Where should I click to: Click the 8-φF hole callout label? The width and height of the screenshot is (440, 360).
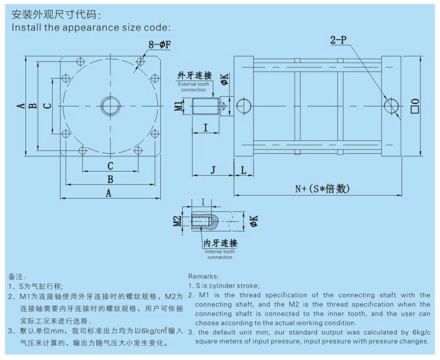(x=160, y=44)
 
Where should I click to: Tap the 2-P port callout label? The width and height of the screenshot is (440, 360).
(x=339, y=42)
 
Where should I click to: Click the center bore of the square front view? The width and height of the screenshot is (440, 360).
(x=110, y=106)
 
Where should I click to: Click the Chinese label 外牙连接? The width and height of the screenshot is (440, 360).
(x=194, y=76)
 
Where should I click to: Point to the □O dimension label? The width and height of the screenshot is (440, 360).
(x=415, y=106)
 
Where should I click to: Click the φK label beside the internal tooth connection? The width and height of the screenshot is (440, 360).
(x=253, y=221)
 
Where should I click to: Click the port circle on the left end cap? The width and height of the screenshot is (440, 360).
(x=243, y=106)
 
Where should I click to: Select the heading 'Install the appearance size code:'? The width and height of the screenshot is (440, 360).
(x=91, y=27)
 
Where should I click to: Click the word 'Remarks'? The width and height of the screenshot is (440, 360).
(x=202, y=276)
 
